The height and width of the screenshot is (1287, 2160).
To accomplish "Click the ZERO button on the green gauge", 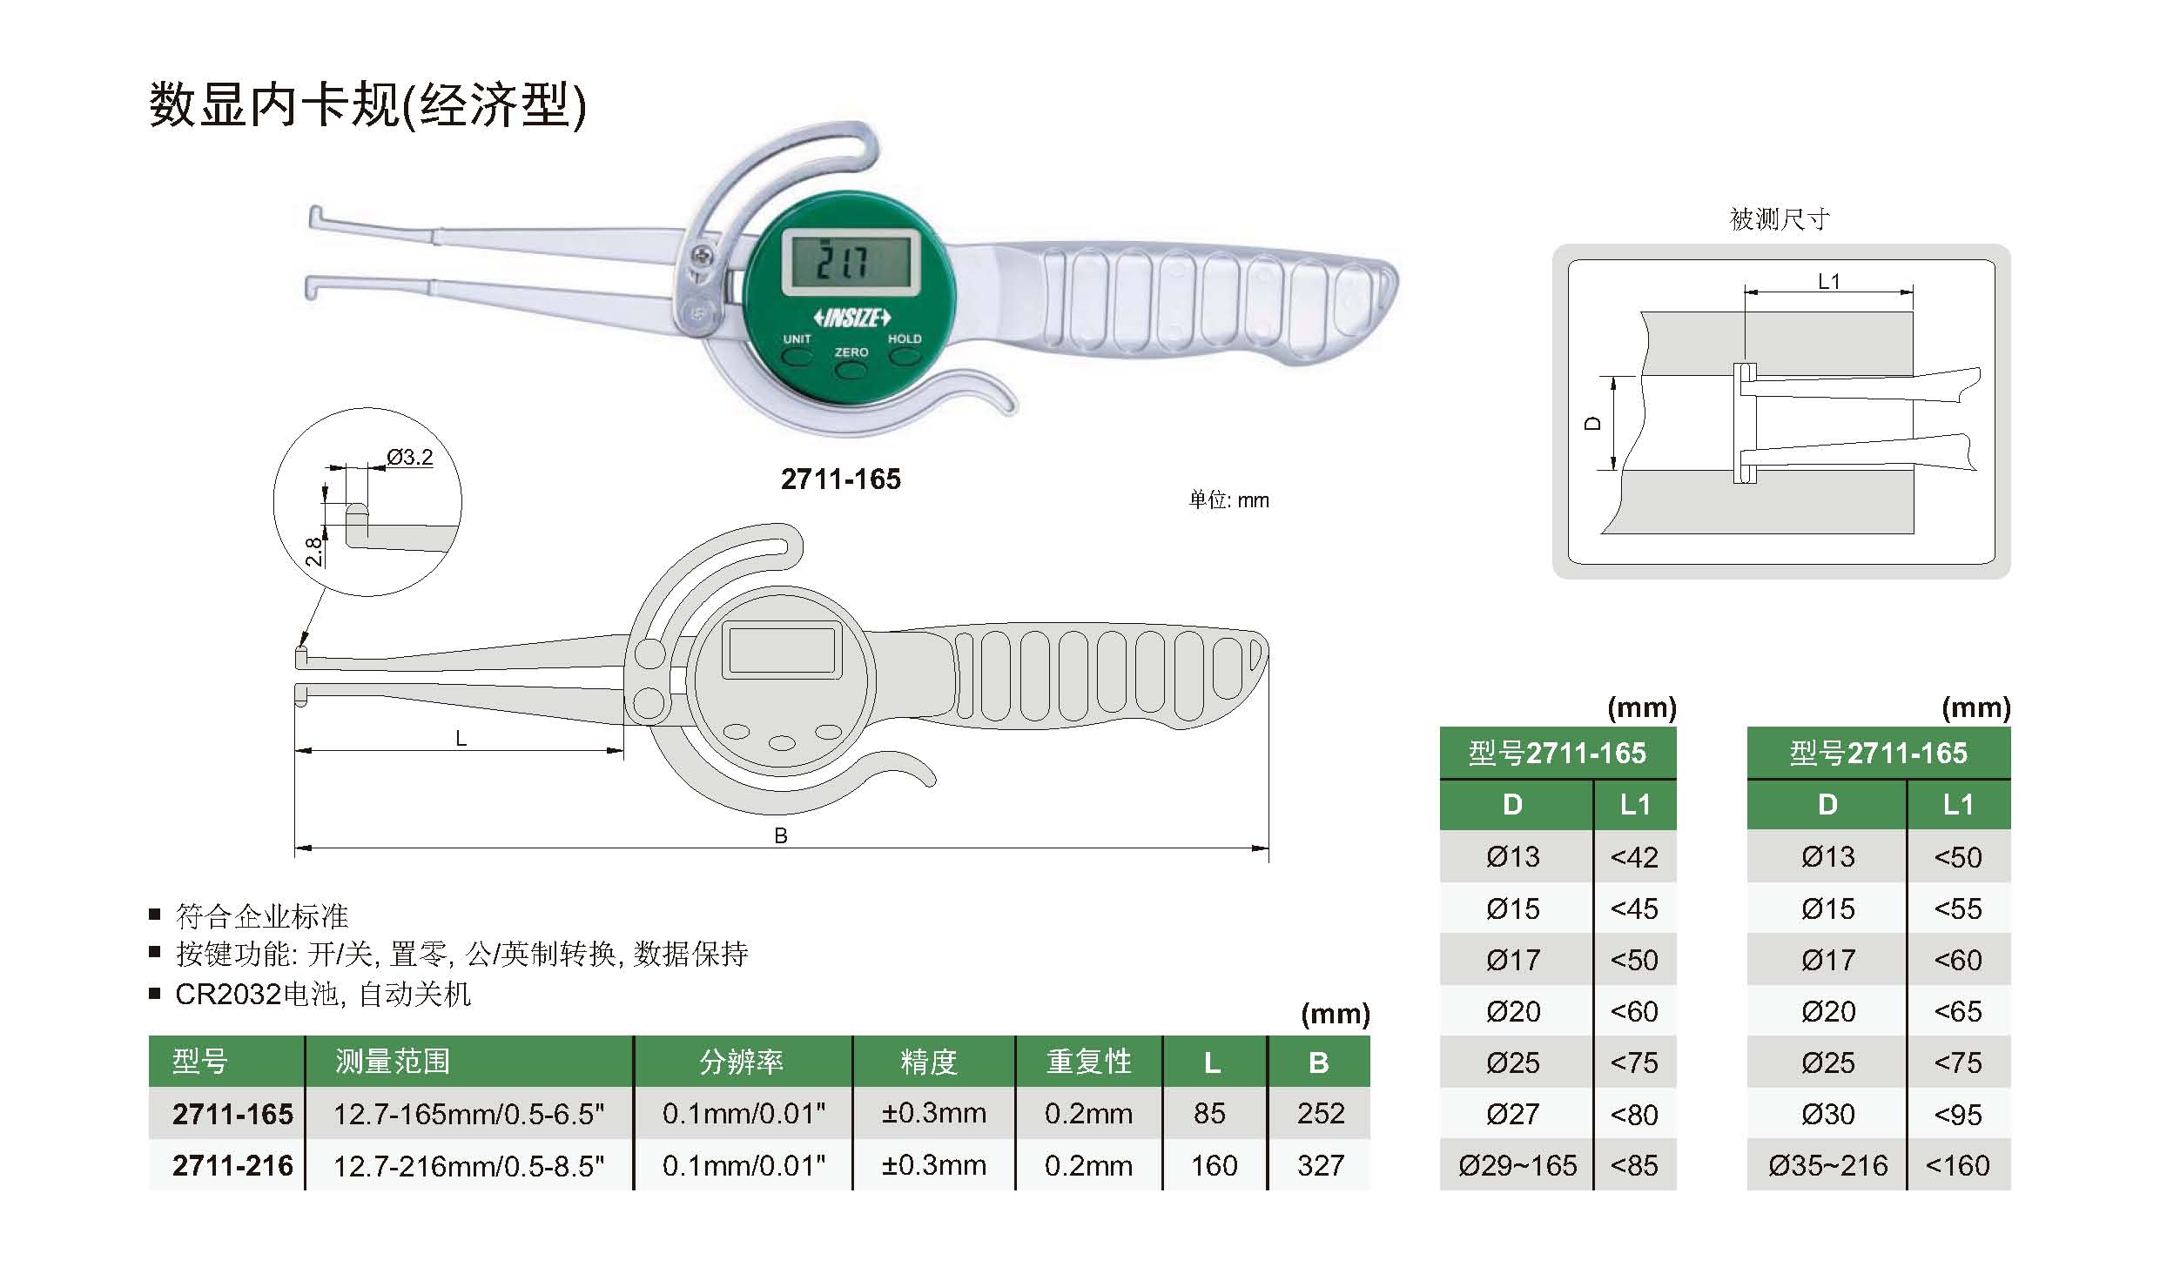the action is [851, 370].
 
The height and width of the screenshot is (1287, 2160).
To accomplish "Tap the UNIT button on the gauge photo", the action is [796, 356].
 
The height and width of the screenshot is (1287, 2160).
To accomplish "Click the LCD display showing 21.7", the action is [850, 261].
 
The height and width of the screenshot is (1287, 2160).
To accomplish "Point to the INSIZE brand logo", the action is [851, 318].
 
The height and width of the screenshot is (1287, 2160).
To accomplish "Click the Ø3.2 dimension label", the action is [410, 457].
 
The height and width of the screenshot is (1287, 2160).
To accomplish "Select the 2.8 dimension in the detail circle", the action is [314, 553].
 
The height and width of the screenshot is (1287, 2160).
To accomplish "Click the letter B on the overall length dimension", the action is [781, 836].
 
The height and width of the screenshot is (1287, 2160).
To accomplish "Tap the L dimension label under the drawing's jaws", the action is [461, 739].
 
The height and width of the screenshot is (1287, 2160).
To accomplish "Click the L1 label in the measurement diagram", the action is [1829, 282].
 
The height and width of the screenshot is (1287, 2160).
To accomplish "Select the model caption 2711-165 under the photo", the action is [841, 479].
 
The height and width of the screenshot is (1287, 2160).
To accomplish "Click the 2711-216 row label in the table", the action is [232, 1165].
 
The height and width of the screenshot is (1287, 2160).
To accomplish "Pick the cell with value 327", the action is [1321, 1165].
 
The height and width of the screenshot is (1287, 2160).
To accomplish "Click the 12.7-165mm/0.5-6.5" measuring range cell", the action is [468, 1114].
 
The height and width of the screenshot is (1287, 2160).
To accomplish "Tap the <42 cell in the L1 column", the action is [1634, 857].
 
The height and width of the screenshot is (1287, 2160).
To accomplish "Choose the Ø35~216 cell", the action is [1827, 1165].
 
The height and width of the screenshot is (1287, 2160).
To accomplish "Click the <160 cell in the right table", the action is [1957, 1165].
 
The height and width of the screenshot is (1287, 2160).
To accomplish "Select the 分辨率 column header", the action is [742, 1062].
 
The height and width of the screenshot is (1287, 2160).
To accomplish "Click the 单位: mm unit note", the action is [1228, 500].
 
